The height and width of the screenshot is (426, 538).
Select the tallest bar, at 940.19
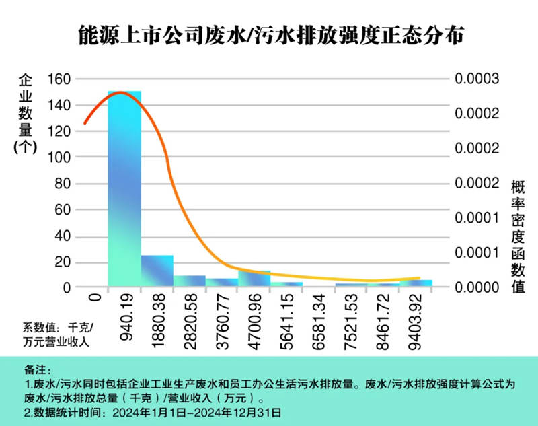(x=124, y=188)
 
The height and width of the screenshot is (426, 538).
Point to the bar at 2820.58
(x=190, y=281)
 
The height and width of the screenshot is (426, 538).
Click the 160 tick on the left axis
(x=59, y=79)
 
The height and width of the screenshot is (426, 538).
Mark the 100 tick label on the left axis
(x=59, y=157)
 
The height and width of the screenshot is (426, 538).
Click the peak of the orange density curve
(x=120, y=92)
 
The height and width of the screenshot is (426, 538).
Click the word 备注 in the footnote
(x=41, y=371)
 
